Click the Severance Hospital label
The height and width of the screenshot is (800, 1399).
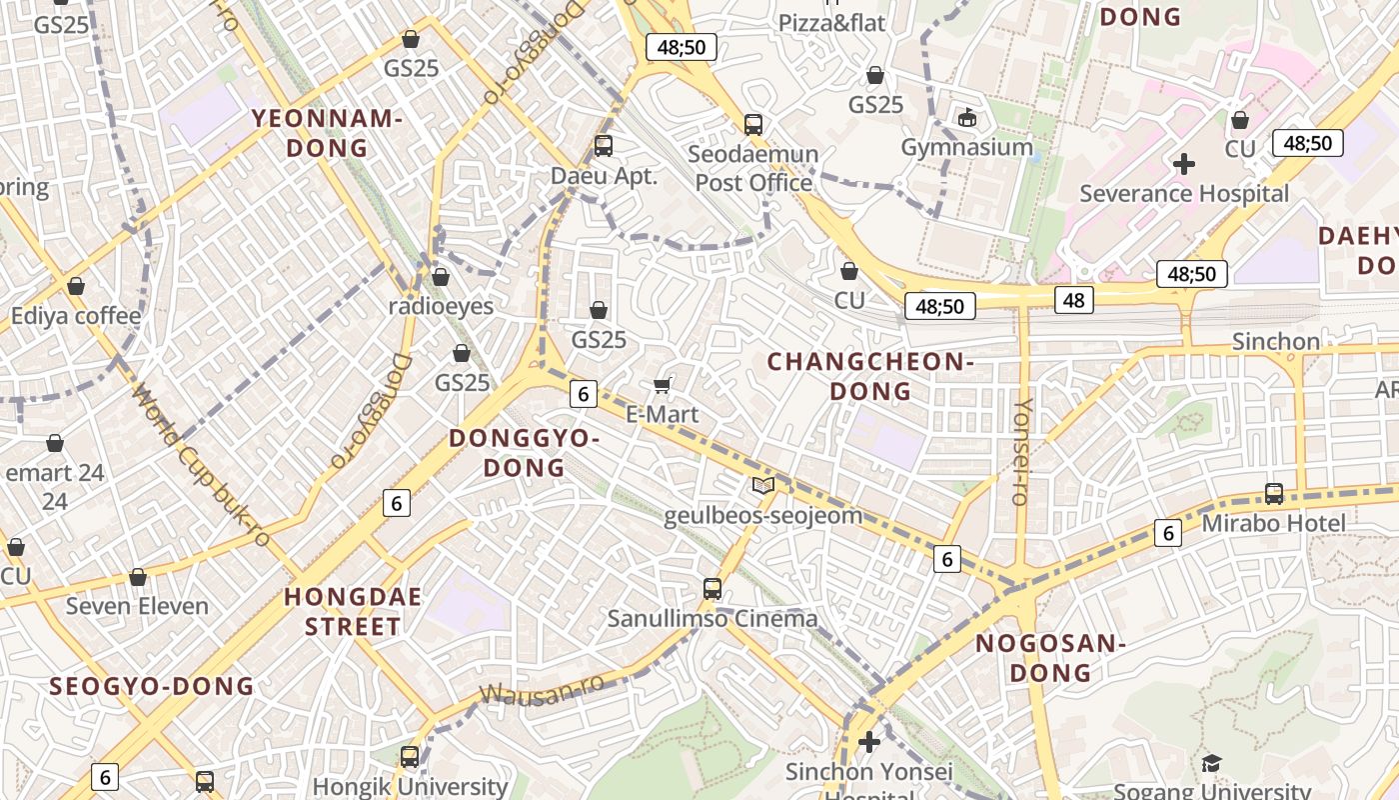pos(1184,193)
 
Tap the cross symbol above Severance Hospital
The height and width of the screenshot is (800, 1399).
pos(1184,163)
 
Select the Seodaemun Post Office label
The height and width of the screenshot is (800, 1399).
pos(753,168)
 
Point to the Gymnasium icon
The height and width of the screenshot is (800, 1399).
pos(966,118)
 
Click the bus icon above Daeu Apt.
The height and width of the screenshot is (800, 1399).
pos(604,146)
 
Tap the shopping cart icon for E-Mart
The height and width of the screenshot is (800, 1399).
pos(662,385)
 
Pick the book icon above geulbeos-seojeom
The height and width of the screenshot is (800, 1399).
pos(763,486)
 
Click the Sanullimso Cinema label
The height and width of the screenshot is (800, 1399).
pos(712,618)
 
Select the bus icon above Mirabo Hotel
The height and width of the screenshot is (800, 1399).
pos(1274,493)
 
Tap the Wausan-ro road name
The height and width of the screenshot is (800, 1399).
pos(542,689)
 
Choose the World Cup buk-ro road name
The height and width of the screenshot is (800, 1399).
pos(200,466)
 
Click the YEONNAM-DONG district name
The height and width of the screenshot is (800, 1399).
pos(326,133)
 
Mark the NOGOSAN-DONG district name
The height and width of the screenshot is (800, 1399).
pos(1050,657)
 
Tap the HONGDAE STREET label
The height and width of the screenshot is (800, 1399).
pos(353,611)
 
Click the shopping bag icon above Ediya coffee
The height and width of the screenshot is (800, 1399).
pos(76,287)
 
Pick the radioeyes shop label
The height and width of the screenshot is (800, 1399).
pos(441,306)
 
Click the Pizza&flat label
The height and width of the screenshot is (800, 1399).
pos(831,22)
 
